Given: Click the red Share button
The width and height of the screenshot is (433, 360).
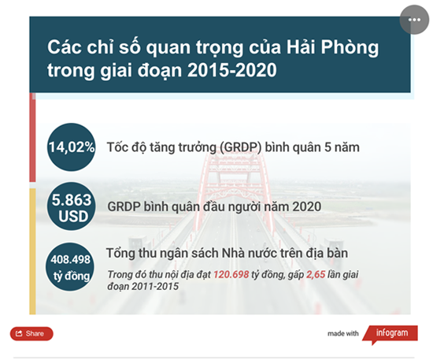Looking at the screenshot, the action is point(31,333).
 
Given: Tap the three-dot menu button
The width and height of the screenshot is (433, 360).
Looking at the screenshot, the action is point(414,20).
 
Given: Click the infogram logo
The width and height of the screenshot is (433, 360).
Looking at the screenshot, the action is point(390,334).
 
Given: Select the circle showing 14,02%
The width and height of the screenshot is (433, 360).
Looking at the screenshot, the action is point(71,147).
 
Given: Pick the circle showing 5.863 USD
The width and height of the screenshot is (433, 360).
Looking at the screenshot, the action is point(71,206).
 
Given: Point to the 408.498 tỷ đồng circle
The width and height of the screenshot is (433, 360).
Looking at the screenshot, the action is point(70,267).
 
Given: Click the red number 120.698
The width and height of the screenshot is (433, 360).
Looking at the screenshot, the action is point(231,274).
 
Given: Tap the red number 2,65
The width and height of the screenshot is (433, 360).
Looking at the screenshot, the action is point(316,275).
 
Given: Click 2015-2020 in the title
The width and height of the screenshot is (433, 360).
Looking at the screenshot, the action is point(232,70).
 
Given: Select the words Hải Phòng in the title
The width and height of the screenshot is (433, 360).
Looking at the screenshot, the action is point(333,47).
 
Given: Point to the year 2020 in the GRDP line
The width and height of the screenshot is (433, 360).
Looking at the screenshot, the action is point(307,206).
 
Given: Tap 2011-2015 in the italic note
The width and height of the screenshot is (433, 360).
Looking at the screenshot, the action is point(155,286).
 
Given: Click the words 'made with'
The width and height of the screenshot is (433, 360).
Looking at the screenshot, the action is point(343,334).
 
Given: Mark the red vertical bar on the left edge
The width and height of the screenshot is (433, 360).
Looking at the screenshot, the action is point(32,137).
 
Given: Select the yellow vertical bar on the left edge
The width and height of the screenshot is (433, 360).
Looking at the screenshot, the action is point(32,251).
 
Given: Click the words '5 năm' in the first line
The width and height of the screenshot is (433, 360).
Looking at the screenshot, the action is point(342,147).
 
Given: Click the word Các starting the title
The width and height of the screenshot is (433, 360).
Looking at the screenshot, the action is point(65,47).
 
